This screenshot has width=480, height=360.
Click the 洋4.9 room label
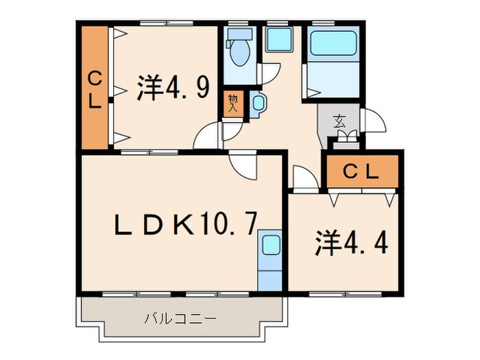click(x=172, y=88)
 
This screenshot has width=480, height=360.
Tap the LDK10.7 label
click(x=185, y=224)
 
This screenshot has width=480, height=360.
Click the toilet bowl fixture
click(x=239, y=54)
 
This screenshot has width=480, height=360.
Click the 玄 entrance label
click(x=339, y=121)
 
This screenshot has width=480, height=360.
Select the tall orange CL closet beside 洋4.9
click(x=95, y=88)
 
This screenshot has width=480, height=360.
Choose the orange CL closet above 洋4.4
click(x=361, y=172)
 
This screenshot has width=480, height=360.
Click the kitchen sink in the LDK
click(x=270, y=245)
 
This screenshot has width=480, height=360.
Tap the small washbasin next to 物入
click(x=258, y=104)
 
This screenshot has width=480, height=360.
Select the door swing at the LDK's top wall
click(x=241, y=167)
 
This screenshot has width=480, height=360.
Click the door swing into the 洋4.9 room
click(x=206, y=137)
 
